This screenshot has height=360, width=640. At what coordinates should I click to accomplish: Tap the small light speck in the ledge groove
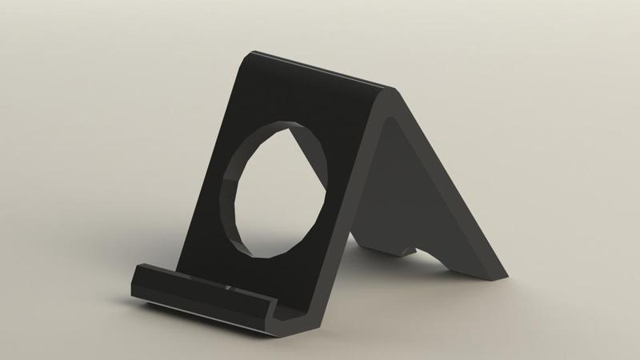click(230, 286)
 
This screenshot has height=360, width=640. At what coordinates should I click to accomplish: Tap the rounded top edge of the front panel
click(320, 68)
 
